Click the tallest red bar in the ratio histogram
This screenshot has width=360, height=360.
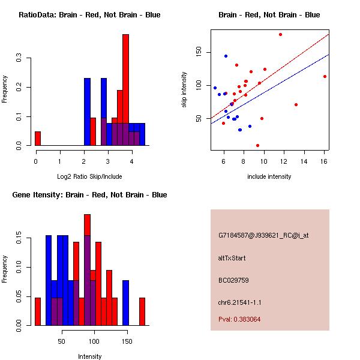[125, 90]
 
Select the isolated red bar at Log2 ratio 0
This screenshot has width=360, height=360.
[38, 139]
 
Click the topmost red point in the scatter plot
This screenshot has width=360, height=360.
[280, 34]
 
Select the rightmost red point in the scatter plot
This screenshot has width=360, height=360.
[325, 76]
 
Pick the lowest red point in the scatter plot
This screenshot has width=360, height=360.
[257, 145]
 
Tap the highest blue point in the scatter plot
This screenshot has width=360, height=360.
[226, 56]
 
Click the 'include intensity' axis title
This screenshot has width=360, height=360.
[269, 176]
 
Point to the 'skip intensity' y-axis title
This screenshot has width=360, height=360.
[184, 90]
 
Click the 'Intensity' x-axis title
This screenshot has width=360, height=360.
[89, 356]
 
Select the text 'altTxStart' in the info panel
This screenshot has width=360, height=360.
[232, 258]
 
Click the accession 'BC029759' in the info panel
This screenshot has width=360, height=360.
[233, 280]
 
